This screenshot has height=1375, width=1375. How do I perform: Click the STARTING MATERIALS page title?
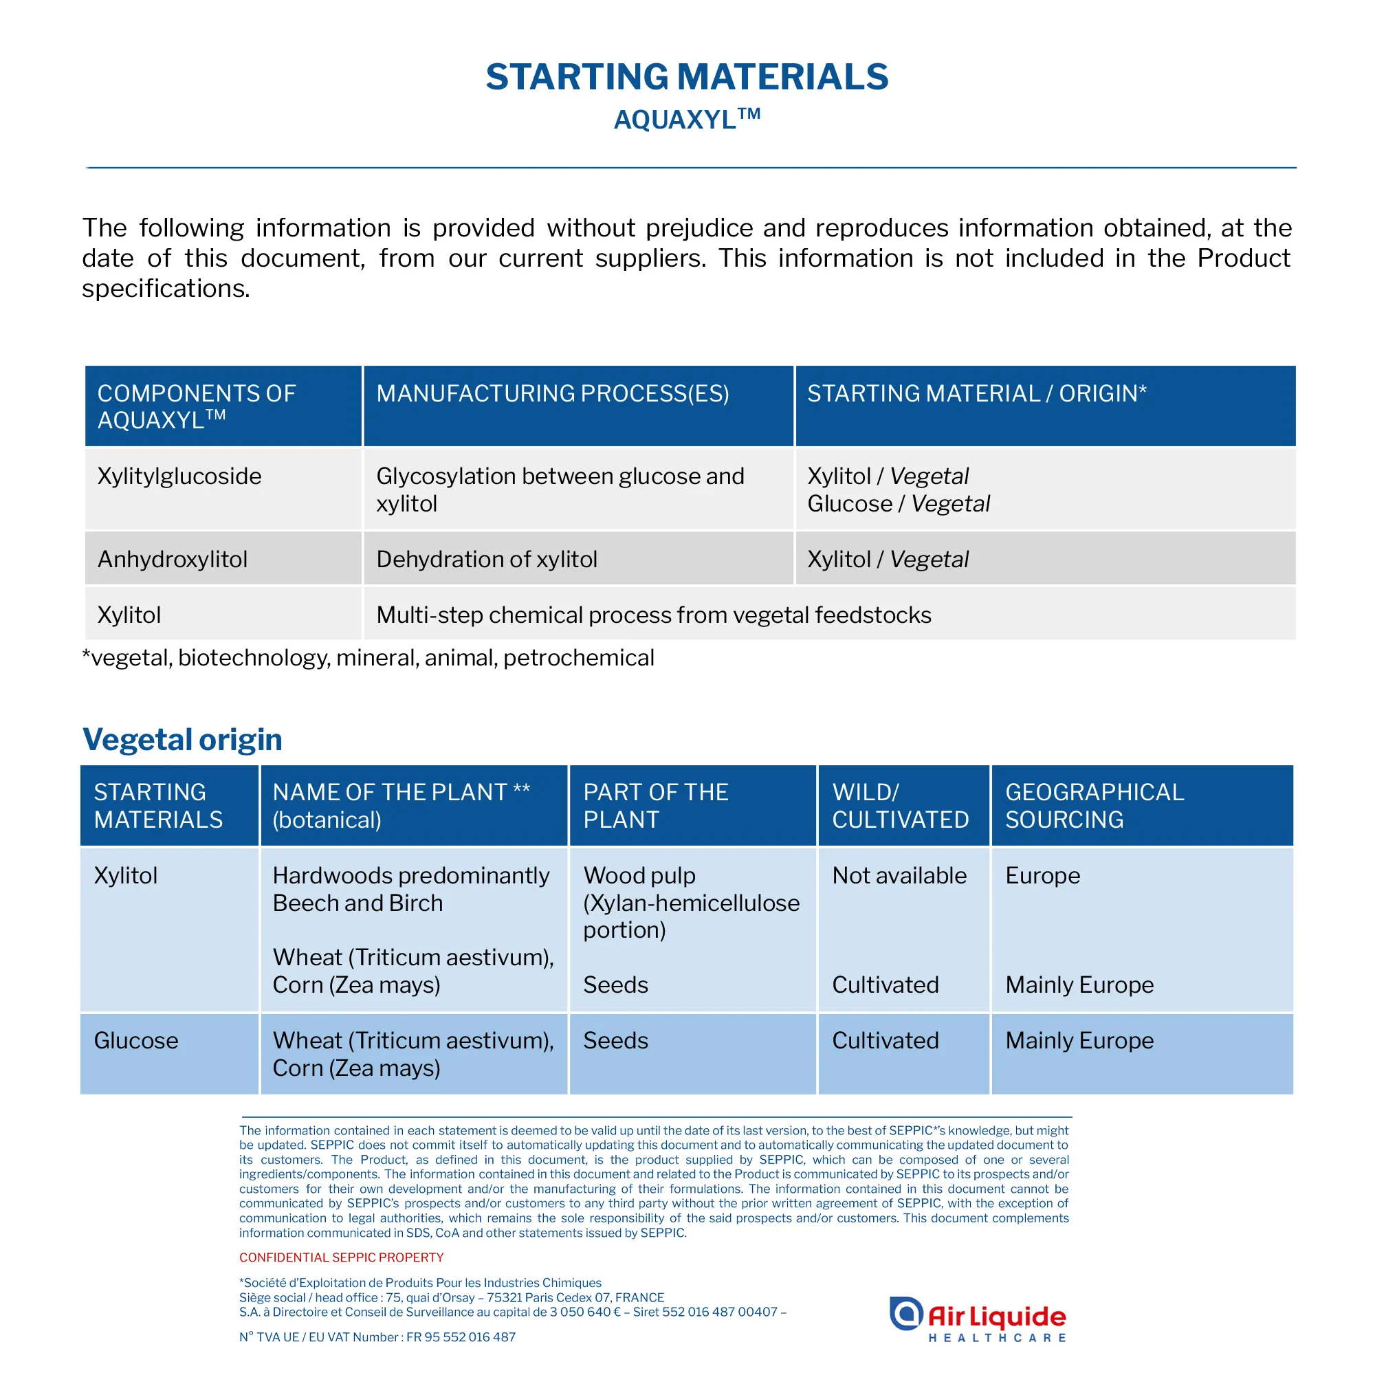tap(687, 77)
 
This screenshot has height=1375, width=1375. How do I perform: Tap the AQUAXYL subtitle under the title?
tap(687, 119)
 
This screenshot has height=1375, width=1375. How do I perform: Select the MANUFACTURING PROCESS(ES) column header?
tap(552, 393)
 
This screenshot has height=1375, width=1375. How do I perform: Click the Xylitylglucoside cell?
tap(179, 476)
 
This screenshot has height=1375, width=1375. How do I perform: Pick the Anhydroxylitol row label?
tap(173, 560)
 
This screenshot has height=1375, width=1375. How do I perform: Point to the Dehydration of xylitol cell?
tap(487, 560)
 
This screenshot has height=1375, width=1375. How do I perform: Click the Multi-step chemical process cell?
tap(653, 615)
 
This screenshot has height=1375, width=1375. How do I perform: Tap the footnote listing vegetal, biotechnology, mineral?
tap(368, 658)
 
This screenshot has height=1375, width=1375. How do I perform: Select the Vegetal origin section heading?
tap(182, 740)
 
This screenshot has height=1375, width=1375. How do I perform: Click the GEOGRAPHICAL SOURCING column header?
tap(1094, 806)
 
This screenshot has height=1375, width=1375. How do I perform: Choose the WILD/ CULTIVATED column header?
tap(901, 806)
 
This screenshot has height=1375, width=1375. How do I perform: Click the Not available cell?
tap(899, 875)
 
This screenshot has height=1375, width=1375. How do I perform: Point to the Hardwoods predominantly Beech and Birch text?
tap(410, 889)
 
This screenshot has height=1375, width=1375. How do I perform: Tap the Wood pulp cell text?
tap(690, 903)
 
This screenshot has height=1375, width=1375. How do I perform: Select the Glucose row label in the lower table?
tap(136, 1040)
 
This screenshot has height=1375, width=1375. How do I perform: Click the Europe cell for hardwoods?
tap(1043, 875)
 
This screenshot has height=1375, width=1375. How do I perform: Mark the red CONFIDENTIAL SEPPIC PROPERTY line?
tap(341, 1257)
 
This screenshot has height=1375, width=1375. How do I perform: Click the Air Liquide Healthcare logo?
tap(978, 1319)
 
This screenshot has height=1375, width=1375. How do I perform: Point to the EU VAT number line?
tap(377, 1337)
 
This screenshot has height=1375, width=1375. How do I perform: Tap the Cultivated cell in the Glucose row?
tap(885, 1040)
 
